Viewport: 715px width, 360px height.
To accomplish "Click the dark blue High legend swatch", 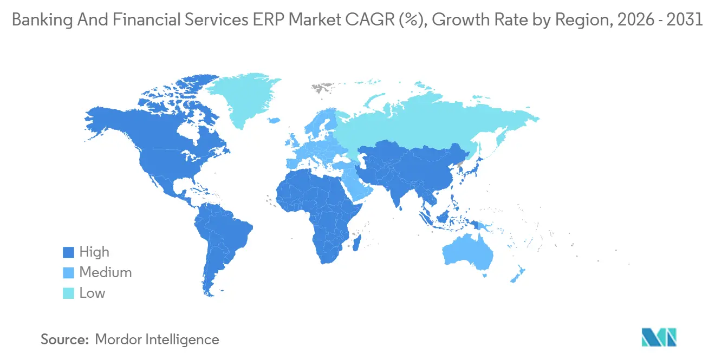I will click(68, 252).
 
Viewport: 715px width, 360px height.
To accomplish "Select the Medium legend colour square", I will click(68, 273).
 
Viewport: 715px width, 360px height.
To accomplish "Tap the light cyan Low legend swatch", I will click(68, 293).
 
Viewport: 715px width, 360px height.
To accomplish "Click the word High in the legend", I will click(94, 252).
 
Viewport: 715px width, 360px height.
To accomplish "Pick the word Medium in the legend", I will click(106, 273).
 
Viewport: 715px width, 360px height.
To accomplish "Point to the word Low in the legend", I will click(92, 293).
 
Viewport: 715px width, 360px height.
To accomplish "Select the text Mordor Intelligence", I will click(157, 339).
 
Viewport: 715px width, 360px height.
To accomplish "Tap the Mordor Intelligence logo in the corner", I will click(659, 337).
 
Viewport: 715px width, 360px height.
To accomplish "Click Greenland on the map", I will click(244, 100).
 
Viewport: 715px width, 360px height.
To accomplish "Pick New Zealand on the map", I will click(517, 273).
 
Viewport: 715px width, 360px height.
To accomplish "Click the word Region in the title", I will click(564, 21).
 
